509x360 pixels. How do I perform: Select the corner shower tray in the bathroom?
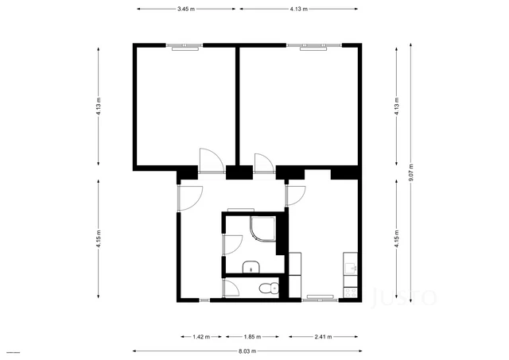(x=261, y=230)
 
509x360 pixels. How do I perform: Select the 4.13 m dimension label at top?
(x=298, y=9)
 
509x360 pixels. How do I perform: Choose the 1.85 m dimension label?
(x=251, y=336)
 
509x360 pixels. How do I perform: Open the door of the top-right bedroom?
(x=263, y=162)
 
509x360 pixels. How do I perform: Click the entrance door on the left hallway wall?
(x=192, y=197)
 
